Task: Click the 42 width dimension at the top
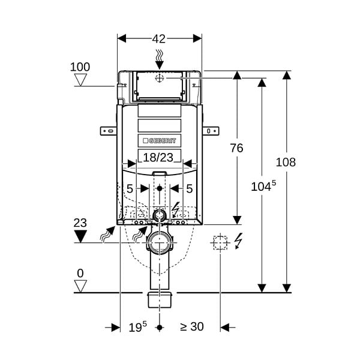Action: click(x=158, y=39)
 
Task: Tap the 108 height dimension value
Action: click(x=286, y=162)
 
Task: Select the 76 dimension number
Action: click(x=237, y=148)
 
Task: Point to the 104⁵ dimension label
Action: click(x=263, y=186)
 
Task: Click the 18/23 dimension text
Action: click(x=158, y=157)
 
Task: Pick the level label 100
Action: click(x=80, y=67)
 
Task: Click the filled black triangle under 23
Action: click(x=80, y=236)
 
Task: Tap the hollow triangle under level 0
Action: click(x=80, y=286)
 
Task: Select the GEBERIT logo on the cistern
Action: click(x=160, y=140)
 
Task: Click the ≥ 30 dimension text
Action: click(x=192, y=326)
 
